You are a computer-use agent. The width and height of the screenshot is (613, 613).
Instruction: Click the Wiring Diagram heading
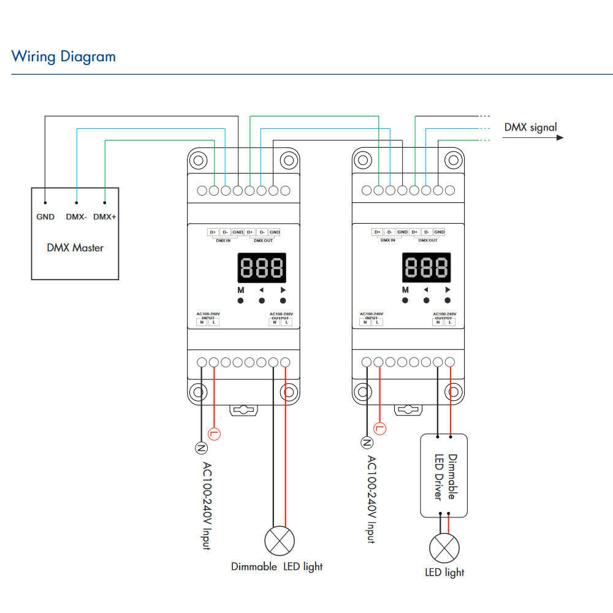tap(63, 57)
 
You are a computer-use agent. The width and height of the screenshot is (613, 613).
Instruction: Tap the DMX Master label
tap(75, 248)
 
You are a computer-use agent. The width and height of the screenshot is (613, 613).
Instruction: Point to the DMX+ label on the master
tap(105, 216)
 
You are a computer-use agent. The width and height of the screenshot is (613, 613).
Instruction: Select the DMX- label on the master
tap(77, 216)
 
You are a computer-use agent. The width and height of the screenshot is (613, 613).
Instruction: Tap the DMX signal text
tap(530, 128)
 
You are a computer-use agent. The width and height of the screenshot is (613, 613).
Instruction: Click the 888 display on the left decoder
tap(261, 267)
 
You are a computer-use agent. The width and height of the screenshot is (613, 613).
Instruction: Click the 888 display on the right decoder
tap(426, 267)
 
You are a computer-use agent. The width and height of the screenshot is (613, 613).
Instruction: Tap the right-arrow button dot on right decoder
tap(447, 300)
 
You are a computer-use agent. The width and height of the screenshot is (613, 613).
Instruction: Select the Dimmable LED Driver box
tap(443, 476)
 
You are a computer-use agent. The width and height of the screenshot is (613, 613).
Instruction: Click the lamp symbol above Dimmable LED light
tap(279, 541)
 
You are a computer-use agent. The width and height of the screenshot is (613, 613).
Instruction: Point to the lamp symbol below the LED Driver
tap(444, 547)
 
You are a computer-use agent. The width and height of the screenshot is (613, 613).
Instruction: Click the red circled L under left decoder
tap(214, 433)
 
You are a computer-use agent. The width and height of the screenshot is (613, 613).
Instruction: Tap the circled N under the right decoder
tap(367, 443)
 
